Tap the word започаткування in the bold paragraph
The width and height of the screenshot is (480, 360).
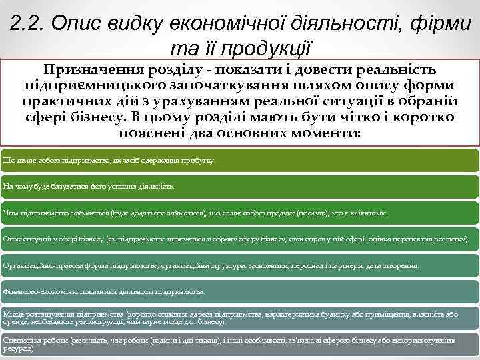coord(241,86)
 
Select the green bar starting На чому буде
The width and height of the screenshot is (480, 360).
coord(240,187)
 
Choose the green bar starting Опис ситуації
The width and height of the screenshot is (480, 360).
coord(240,239)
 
